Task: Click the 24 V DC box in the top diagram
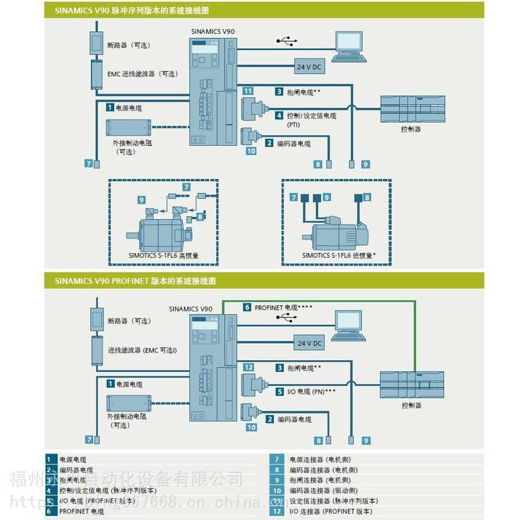(x=308, y=66)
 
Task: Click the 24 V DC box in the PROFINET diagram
(x=308, y=343)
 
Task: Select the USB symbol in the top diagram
(x=286, y=41)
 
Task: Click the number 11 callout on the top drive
(x=248, y=92)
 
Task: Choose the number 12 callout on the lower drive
(x=248, y=367)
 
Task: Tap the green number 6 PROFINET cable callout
(x=248, y=307)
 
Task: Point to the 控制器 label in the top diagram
(x=410, y=129)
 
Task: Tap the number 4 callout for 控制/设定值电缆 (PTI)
(x=279, y=116)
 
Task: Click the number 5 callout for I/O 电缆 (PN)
(x=279, y=391)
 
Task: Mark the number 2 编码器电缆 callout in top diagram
(x=270, y=143)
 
